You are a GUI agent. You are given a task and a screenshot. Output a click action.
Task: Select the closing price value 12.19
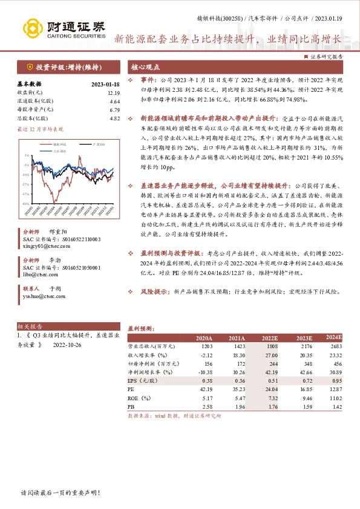pos(114,93)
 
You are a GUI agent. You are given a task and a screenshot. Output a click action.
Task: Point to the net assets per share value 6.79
pos(115,110)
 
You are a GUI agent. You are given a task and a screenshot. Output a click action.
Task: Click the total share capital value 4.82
pos(115,118)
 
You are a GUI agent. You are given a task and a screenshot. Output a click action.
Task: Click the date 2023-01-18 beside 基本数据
pos(106,85)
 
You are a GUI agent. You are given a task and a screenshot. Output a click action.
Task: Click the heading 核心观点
pos(146,68)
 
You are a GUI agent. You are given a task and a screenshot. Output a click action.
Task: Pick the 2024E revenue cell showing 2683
pos(335,346)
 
